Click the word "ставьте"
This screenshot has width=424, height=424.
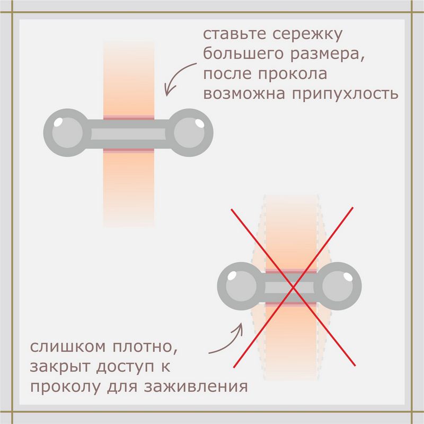click(x=234, y=34)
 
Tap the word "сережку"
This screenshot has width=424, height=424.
click(x=307, y=35)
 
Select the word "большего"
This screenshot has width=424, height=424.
click(x=243, y=54)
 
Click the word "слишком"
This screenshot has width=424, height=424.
click(x=68, y=347)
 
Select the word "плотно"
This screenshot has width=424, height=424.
click(x=145, y=347)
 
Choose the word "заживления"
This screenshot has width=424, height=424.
click(x=196, y=387)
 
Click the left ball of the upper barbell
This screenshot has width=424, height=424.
click(x=67, y=132)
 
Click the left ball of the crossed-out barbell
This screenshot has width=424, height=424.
click(x=241, y=286)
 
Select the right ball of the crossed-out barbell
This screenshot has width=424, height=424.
click(x=338, y=286)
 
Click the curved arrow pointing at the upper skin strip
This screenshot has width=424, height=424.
click(x=177, y=76)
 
